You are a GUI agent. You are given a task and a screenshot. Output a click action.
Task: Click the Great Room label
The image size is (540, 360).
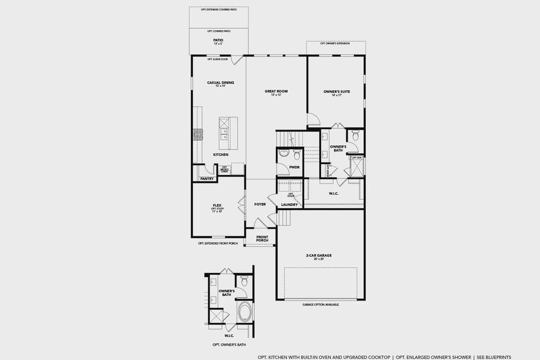276,91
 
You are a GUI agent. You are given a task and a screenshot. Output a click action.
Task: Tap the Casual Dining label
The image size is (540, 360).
220,83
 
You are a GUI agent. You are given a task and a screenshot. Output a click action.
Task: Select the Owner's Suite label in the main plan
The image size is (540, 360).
337,92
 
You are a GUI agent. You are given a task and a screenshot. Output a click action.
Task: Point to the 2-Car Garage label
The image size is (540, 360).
319,255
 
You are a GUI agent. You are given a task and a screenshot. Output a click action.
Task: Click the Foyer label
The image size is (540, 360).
260,204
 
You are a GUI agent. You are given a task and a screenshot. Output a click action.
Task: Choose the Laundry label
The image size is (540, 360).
289,205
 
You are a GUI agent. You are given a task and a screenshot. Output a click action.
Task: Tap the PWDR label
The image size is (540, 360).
295,167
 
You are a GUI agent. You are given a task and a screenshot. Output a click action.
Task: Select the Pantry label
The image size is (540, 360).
207,178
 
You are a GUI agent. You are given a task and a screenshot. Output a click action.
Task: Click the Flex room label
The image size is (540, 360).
217,205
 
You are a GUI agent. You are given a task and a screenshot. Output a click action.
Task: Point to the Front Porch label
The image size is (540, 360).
262,238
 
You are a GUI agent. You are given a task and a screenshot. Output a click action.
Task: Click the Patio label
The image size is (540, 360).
218,40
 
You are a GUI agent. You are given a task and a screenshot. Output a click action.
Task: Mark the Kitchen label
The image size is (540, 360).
220,155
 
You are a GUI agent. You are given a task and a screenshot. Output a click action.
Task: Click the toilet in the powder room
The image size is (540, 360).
284,154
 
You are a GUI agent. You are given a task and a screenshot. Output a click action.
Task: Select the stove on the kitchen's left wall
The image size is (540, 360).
197,134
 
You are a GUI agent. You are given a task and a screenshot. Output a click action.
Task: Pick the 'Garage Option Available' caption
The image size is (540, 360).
320,305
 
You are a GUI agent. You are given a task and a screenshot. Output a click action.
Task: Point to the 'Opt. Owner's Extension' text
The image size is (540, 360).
335,44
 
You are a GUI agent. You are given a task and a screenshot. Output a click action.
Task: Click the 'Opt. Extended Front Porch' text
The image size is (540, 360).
218,244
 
